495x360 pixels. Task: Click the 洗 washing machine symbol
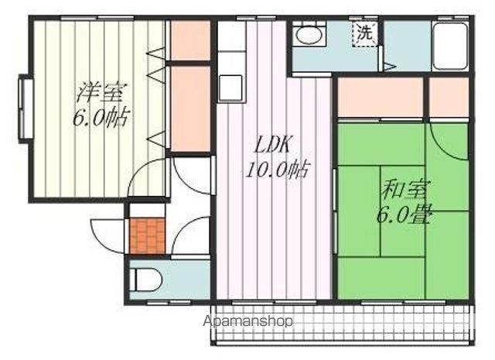click(364, 33)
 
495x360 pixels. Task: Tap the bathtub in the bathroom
click(450, 46)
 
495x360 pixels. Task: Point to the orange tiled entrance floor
click(148, 236)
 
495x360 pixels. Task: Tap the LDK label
click(272, 145)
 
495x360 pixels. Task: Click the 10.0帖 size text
click(277, 170)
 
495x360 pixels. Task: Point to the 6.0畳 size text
click(405, 215)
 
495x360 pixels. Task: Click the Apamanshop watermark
click(247, 321)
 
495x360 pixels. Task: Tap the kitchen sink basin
click(230, 87)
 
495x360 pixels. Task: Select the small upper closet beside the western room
click(190, 40)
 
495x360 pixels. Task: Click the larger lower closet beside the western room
click(190, 108)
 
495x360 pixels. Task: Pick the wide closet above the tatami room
click(381, 98)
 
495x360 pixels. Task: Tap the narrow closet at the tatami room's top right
click(449, 98)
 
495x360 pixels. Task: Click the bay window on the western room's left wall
click(26, 108)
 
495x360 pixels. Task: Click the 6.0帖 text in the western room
click(101, 118)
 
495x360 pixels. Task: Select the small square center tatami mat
click(402, 211)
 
